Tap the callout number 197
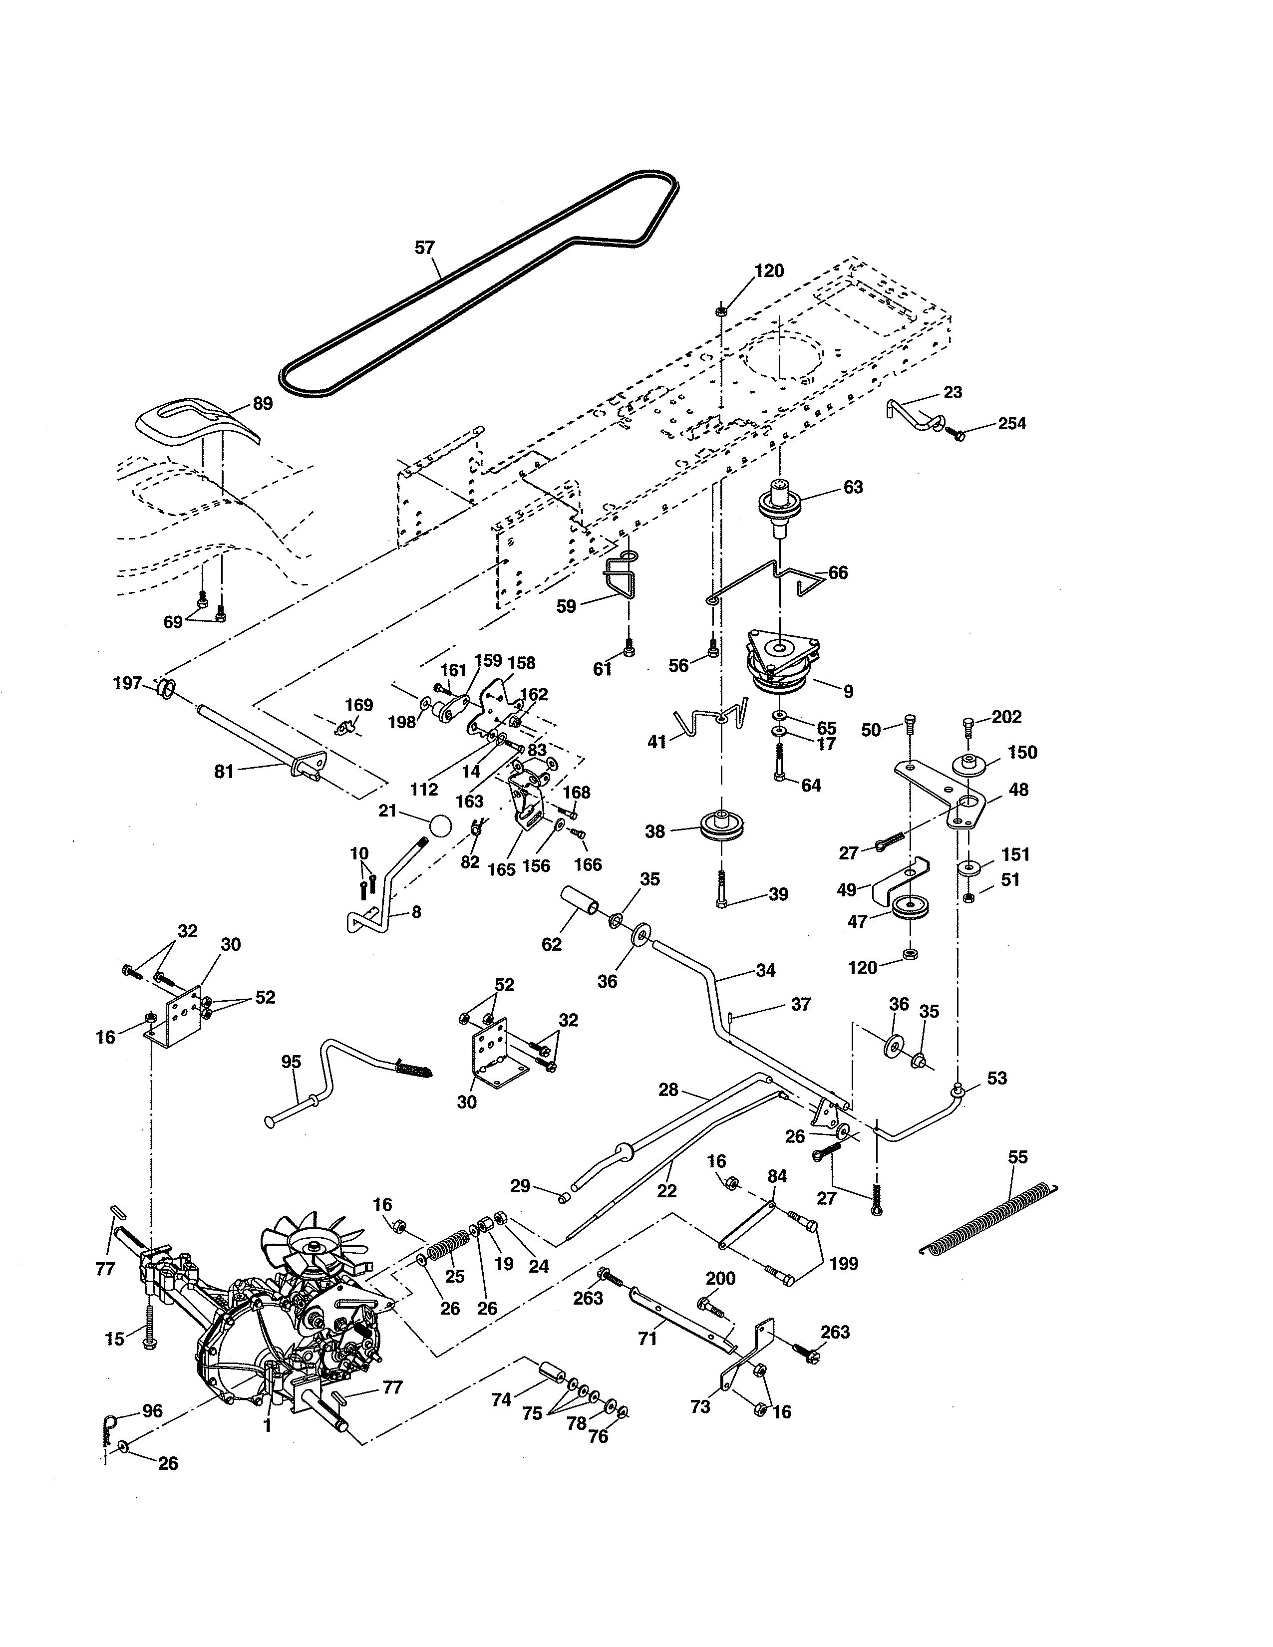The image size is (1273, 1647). pos(127,683)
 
